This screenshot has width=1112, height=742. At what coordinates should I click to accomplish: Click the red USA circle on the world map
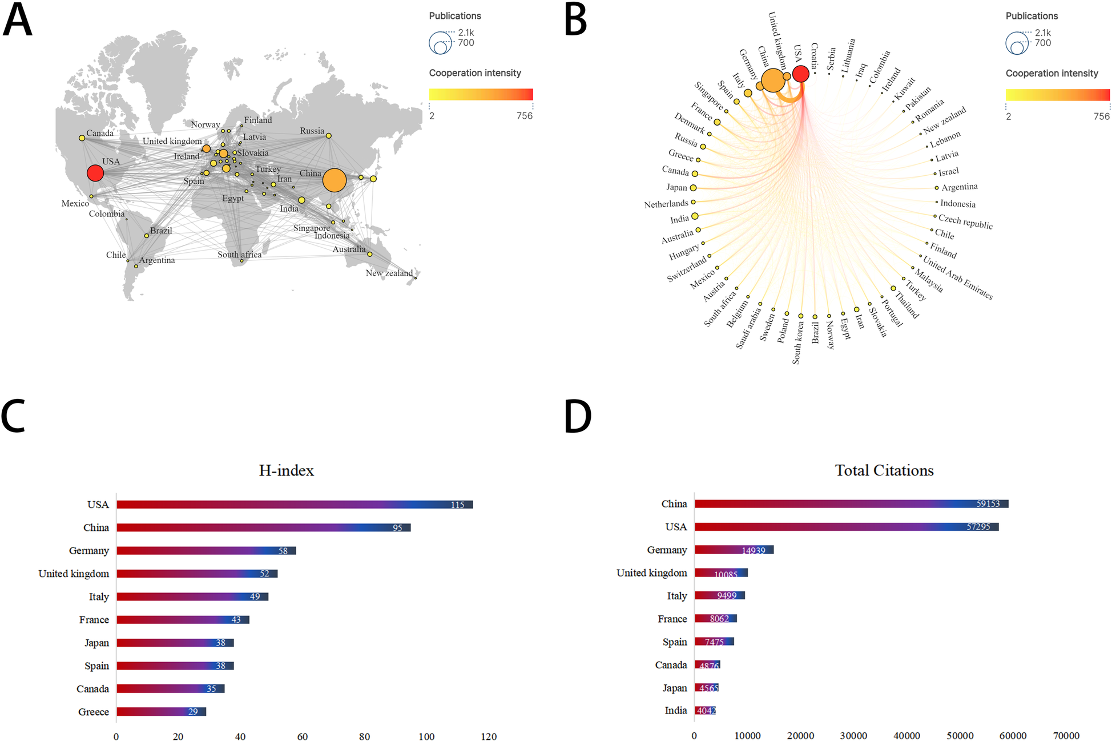point(95,173)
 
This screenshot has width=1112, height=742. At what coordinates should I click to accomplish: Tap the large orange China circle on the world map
point(335,180)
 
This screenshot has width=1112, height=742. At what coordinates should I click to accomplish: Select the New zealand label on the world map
point(389,273)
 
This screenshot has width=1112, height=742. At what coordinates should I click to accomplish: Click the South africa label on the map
point(239,255)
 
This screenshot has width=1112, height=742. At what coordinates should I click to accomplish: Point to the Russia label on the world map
point(312,131)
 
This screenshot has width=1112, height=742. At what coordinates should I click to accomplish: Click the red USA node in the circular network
point(801,74)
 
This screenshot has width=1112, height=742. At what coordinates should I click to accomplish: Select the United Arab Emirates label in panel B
point(958,278)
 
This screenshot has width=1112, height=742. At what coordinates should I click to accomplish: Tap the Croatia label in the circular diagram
point(815,55)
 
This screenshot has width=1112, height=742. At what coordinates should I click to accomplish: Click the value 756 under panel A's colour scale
point(524,116)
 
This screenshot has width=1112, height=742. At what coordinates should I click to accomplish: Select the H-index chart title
point(286,470)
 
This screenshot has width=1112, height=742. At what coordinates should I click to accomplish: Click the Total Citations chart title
point(884,470)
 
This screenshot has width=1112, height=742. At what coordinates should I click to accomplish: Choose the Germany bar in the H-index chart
point(206,551)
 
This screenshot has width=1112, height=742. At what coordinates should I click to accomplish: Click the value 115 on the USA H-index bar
point(457,505)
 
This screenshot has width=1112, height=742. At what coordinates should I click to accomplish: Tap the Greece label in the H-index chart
point(94,712)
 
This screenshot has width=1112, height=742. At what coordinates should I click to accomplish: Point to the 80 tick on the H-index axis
point(364,736)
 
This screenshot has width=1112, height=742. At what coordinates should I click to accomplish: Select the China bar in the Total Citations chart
point(851,504)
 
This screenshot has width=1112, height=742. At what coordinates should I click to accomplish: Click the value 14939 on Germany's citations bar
point(753,551)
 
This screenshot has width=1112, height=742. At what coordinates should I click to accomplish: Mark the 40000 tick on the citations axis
point(906,736)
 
